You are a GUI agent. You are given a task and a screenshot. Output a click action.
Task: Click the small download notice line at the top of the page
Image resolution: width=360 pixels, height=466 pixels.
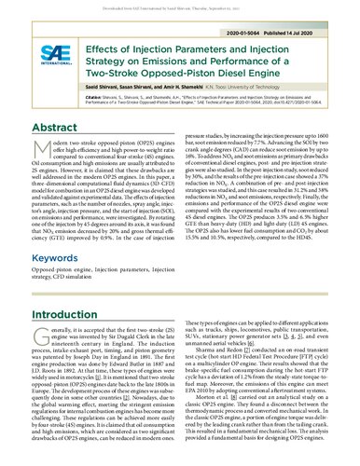180,4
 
